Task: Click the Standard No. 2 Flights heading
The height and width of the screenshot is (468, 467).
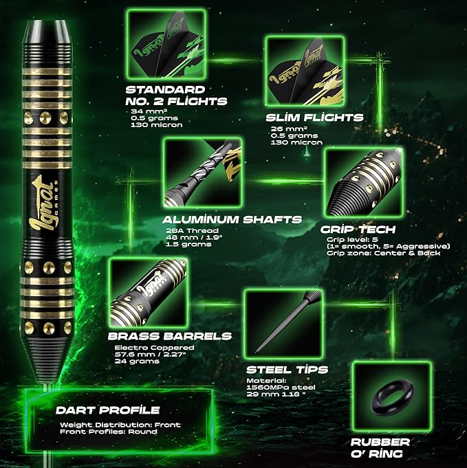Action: (176, 96)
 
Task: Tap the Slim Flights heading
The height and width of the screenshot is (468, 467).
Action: (314, 118)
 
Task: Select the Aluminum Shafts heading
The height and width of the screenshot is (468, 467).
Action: (232, 220)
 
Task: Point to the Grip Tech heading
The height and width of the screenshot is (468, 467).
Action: (358, 230)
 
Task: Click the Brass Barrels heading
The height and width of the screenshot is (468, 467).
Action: (170, 336)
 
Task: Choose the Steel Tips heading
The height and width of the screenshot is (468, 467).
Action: (287, 370)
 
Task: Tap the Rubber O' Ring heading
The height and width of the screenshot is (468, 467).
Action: (380, 447)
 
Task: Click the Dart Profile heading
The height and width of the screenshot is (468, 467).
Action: (108, 410)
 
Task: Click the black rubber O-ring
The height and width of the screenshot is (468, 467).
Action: (392, 395)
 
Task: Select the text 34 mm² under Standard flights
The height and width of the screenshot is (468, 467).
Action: (149, 111)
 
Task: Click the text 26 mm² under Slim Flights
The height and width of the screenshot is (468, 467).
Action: (289, 129)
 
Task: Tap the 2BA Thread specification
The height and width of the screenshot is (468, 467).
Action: (193, 230)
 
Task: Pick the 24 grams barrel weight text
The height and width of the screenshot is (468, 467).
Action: (137, 361)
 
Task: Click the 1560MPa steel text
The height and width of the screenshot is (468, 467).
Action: (281, 388)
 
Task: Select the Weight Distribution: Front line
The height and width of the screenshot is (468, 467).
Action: (120, 425)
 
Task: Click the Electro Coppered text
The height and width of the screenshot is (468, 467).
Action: (155, 348)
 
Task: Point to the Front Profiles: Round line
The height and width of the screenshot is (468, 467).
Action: (109, 432)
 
